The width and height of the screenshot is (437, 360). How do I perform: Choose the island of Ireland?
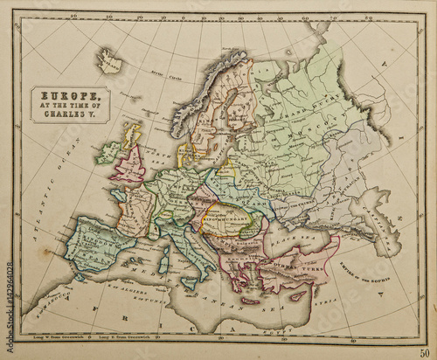pos(108,151)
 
